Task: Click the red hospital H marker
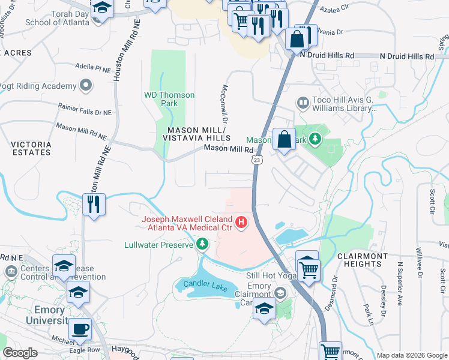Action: [x=241, y=223]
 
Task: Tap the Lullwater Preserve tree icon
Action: [x=202, y=244]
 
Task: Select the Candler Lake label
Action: [x=209, y=287]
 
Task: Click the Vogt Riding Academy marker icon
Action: [x=86, y=86]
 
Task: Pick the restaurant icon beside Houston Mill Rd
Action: [x=94, y=204]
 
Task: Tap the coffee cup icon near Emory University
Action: [x=80, y=329]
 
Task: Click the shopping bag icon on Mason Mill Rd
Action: [x=285, y=139]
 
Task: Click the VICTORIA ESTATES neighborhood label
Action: [x=31, y=148]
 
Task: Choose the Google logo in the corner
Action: [x=20, y=352]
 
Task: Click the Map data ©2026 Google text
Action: [x=412, y=355]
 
